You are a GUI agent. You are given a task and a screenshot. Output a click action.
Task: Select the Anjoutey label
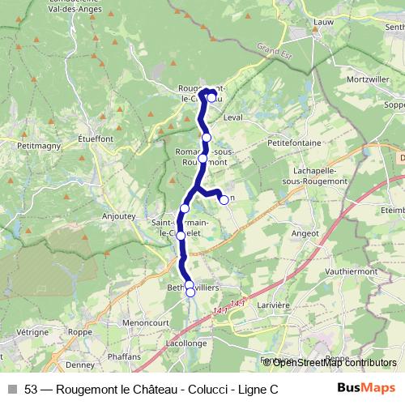pos(119,216)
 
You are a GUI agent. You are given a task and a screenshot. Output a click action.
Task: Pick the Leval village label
pos(233,117)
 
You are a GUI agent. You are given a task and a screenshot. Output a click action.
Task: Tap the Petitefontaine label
pos(291,140)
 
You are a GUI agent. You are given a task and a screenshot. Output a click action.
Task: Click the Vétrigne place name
pos(32,332)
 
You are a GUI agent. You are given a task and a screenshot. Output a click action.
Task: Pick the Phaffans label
pos(123,355)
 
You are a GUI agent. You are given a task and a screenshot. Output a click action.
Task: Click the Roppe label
pos(80,331)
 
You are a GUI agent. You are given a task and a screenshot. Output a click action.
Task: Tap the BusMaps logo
pos(366,389)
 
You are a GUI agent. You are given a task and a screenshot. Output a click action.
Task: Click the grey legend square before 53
pos(11,390)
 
